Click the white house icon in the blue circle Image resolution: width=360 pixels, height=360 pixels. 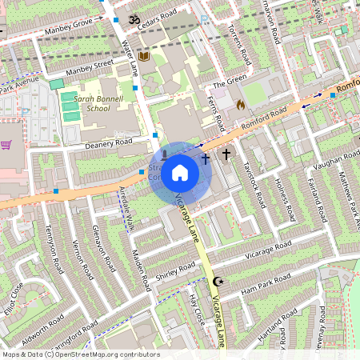click(180, 173)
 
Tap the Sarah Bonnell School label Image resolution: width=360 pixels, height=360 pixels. click(87, 102)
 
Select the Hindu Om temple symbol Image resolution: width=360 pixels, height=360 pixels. click(134, 17)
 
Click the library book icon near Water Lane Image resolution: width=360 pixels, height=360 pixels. click(144, 56)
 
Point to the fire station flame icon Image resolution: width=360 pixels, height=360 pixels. click(239, 104)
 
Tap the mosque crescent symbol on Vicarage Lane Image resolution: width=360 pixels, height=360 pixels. click(217, 281)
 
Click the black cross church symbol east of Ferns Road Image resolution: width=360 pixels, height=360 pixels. click(226, 154)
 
